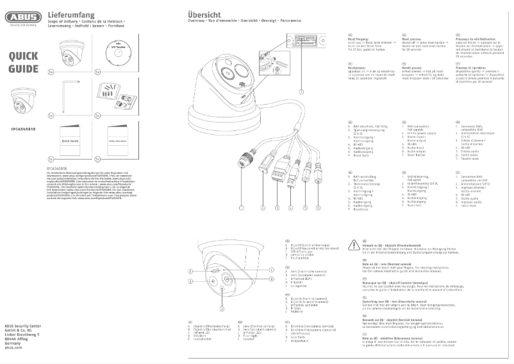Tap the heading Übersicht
[204, 14]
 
